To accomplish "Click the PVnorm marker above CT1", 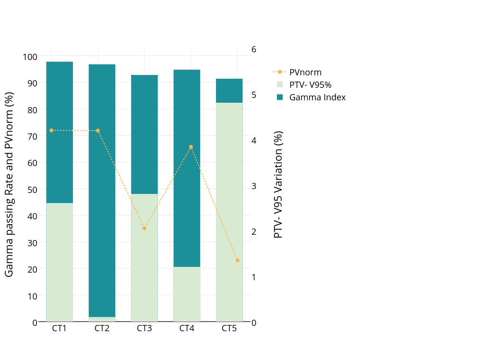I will [51, 131].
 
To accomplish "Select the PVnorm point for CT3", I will [144, 228].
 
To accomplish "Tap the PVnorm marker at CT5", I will [238, 260].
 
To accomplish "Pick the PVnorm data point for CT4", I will [191, 147].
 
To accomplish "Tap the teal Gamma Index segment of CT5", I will [229, 91].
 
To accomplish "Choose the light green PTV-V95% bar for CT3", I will [144, 258].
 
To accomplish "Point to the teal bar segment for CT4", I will [187, 168].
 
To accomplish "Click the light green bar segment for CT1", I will [60, 262].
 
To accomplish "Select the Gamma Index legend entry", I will [317, 97].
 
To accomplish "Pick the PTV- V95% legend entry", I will [310, 85].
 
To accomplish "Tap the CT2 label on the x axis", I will [102, 329].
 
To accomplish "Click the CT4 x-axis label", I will [187, 329].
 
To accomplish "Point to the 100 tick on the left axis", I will [30, 57].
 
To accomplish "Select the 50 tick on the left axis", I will [32, 190].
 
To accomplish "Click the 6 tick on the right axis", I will [254, 49].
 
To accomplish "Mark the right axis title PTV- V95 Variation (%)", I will [278, 184].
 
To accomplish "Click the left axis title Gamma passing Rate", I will [9, 184].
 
